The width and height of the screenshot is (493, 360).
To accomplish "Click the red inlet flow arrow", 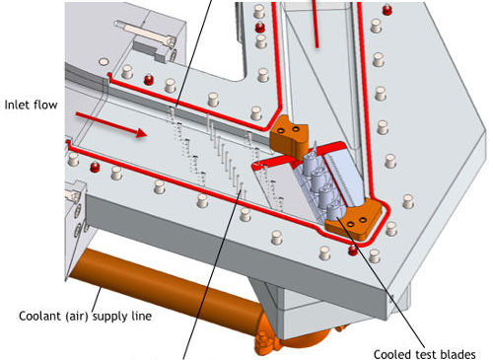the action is [x=111, y=123].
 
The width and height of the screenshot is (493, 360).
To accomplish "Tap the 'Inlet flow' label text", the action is [x=31, y=105].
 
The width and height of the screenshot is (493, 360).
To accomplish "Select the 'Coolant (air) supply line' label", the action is [x=85, y=317].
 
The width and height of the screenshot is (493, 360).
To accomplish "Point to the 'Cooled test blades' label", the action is [x=424, y=354].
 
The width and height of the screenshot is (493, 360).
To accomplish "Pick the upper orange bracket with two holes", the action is [x=289, y=135].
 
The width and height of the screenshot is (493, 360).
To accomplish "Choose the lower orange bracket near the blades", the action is [x=354, y=219].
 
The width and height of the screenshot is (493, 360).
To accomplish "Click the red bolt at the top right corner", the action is [x=387, y=10].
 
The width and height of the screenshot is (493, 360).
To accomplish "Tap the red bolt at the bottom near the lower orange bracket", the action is [x=352, y=251].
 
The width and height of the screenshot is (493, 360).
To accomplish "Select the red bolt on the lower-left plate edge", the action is [x=95, y=167].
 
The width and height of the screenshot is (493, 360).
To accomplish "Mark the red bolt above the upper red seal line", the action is [x=149, y=80].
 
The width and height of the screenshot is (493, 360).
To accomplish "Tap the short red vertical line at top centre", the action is [x=316, y=24].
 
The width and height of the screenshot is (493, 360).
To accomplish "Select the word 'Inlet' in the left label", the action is [x=16, y=105].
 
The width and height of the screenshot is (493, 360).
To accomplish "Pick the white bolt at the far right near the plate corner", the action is [x=408, y=201].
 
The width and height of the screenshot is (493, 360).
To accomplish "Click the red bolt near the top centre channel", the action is [x=260, y=27].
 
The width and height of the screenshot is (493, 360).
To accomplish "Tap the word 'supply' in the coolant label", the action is [x=109, y=317].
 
